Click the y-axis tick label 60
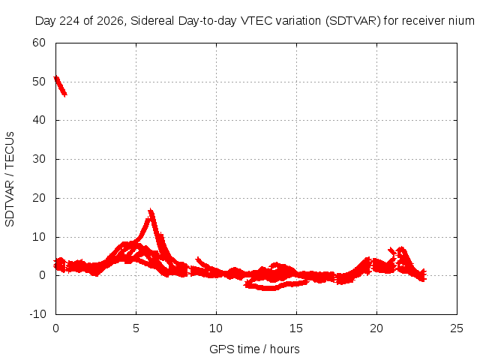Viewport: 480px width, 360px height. tap(39, 43)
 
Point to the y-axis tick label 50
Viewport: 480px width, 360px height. tap(39, 82)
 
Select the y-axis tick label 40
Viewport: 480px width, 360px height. tap(39, 120)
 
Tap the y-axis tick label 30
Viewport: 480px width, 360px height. tap(39, 159)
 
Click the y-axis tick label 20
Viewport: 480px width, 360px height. tap(39, 198)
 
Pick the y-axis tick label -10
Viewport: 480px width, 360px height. tap(37, 314)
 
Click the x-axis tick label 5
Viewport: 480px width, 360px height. tap(136, 328)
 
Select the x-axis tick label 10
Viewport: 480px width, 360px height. tap(216, 328)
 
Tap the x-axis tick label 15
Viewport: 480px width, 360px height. tap(296, 328)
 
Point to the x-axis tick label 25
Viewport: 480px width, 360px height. tap(457, 328)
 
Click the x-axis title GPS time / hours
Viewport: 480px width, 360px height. tap(254, 349)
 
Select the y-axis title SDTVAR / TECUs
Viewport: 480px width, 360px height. tap(10, 179)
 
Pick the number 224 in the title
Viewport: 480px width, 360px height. tap(69, 21)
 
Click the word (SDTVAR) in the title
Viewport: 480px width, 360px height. tap(353, 21)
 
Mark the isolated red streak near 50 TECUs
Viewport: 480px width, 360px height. tap(60, 86)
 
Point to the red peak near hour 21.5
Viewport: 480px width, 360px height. tap(401, 248)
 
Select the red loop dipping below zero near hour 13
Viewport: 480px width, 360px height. tap(269, 288)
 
